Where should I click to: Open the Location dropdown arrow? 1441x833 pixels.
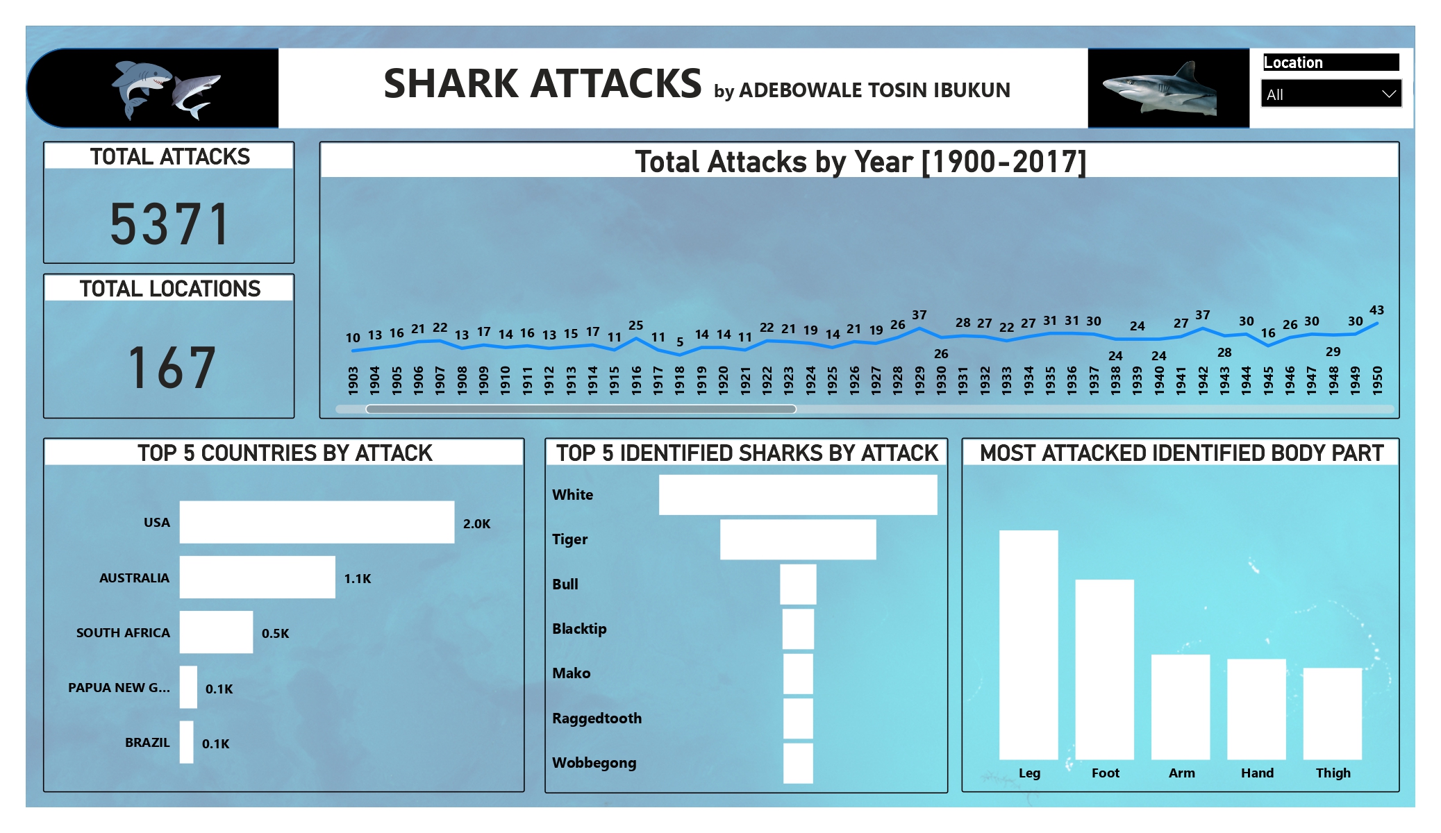[x=1388, y=94]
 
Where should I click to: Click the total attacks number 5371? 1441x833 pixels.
[x=169, y=224]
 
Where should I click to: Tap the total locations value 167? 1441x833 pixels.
[x=171, y=367]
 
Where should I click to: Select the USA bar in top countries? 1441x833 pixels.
[x=317, y=522]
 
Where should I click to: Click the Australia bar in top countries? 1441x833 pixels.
[x=257, y=577]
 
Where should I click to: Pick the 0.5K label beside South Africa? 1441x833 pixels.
[x=275, y=633]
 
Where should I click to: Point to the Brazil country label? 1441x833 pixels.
[x=147, y=743]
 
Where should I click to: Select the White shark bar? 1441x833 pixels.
[x=797, y=495]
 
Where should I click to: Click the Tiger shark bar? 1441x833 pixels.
[x=797, y=539]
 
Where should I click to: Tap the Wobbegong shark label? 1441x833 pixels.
[x=594, y=763]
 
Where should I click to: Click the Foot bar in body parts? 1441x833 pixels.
[x=1104, y=669]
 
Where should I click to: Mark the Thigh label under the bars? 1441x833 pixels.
[x=1333, y=773]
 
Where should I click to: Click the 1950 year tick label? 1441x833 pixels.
[x=1377, y=380]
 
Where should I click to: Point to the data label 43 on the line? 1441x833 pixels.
[x=1376, y=310]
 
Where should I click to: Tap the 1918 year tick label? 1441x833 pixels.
[x=680, y=380]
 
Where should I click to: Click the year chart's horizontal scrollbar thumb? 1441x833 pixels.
[x=581, y=409]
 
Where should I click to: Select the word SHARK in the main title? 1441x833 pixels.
[x=450, y=84]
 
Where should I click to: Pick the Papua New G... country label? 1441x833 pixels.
[x=119, y=688]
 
